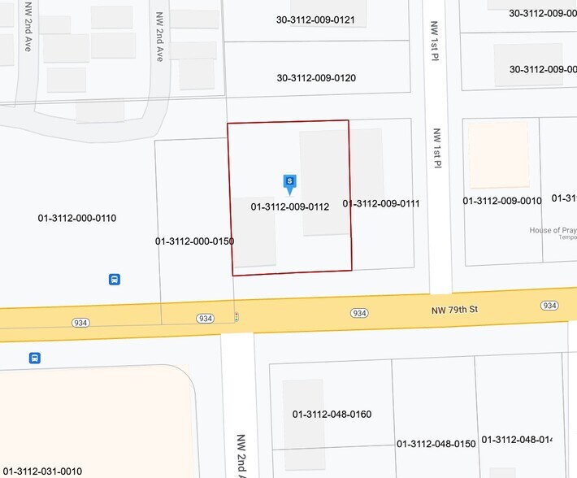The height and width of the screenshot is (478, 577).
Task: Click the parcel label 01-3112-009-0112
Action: point(290,207)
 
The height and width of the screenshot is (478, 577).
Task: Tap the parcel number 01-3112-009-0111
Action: point(381,204)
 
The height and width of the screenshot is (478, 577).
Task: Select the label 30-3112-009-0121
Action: point(315,20)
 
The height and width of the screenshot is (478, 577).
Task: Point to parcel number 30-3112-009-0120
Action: point(316,78)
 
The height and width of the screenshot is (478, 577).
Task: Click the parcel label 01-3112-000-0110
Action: point(77,218)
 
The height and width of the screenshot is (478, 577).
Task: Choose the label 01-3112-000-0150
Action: point(194,241)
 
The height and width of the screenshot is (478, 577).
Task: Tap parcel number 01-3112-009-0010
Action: point(501,201)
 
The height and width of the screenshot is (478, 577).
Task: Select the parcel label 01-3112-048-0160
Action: point(332,415)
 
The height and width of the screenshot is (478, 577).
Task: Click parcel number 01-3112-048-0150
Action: point(436,444)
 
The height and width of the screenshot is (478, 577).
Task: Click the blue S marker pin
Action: point(288,182)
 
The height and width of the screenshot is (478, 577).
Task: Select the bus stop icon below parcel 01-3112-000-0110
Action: point(115,280)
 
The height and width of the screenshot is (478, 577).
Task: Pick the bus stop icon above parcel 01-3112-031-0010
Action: point(35,358)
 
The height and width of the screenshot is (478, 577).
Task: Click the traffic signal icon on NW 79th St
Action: point(236,316)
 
